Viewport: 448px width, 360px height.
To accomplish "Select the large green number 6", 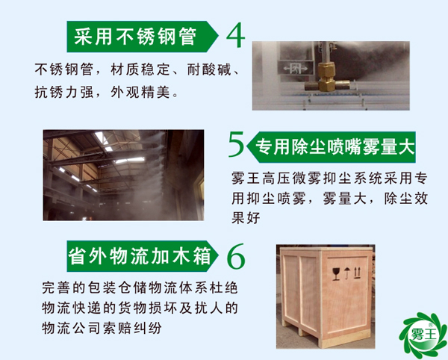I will (x=234, y=257).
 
